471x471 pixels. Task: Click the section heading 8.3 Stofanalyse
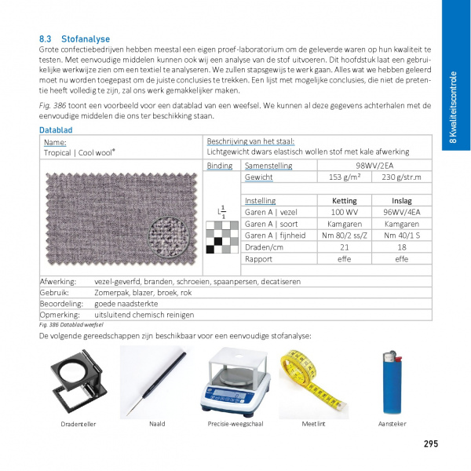point(75,38)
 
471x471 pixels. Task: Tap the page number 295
point(430,444)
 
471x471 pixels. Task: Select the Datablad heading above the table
point(56,130)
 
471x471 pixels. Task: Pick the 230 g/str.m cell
point(401,177)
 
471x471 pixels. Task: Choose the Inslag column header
point(401,201)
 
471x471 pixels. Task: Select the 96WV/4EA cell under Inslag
point(401,212)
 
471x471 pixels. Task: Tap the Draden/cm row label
point(264,246)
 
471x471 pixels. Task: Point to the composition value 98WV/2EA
point(373,166)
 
